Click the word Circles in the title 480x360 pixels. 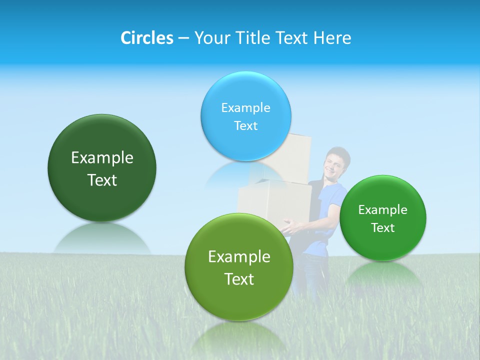(x=147, y=38)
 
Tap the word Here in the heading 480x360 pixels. (x=332, y=38)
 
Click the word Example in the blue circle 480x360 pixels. (x=246, y=107)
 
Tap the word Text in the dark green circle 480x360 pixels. (x=102, y=180)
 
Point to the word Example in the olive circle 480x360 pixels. (x=239, y=257)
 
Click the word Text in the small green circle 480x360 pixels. (x=383, y=228)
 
